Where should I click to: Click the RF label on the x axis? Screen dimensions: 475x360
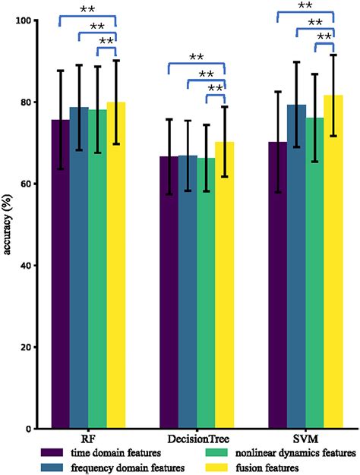88,439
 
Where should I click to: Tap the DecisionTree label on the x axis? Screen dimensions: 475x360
197,439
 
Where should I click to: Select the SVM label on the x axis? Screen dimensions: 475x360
306,439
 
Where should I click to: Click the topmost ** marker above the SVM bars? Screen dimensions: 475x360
305,6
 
